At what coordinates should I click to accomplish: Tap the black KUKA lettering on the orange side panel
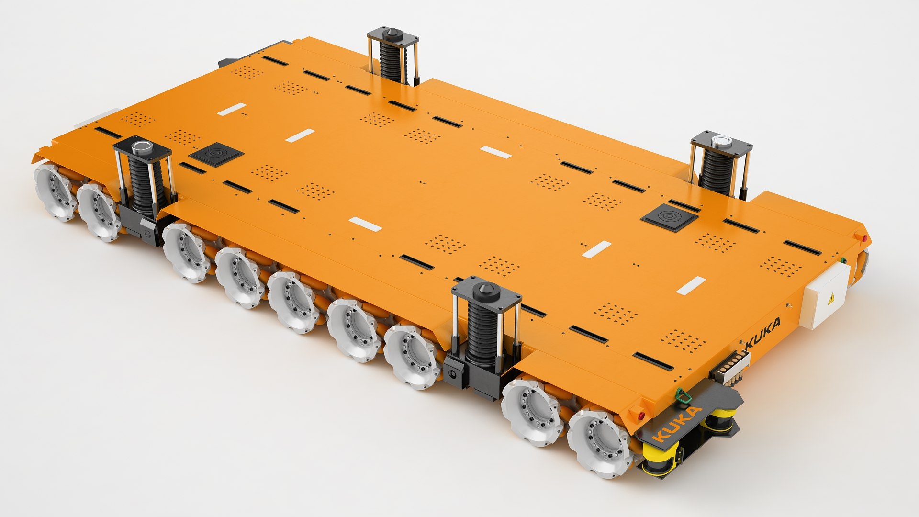click(763, 334)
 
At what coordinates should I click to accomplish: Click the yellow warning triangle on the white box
click(832, 299)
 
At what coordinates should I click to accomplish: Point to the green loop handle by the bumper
click(681, 395)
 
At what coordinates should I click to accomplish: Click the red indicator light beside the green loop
click(642, 415)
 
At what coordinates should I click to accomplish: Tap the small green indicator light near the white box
click(843, 261)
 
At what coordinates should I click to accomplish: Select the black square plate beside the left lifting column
click(216, 154)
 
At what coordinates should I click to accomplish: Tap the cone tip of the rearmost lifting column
click(392, 35)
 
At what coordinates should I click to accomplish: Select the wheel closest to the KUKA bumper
click(599, 443)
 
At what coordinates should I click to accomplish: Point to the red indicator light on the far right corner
click(865, 238)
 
